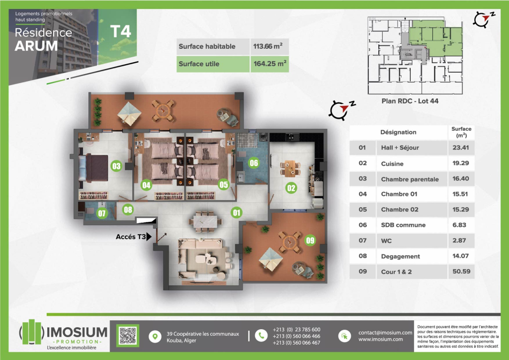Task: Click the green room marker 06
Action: pos(254,163)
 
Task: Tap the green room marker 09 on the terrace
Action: pos(310,240)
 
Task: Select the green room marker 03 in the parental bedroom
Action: pos(116,166)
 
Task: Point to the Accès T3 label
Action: pos(131,237)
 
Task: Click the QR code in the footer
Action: pos(128,335)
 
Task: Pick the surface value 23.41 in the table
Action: pos(461,147)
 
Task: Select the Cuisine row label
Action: pos(392,164)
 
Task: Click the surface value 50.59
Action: pos(461,271)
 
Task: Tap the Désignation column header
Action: pos(398,132)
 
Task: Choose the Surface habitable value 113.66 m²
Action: pos(268,46)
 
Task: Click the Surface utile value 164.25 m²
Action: pos(270,64)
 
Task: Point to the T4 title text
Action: pos(121,31)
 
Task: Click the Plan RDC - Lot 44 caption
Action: pos(410,101)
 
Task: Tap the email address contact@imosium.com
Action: pos(385,333)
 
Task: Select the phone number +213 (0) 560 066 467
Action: pos(296,343)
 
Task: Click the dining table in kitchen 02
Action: pos(290,169)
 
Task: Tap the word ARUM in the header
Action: pos(36,46)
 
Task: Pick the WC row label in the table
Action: pos(386,241)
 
